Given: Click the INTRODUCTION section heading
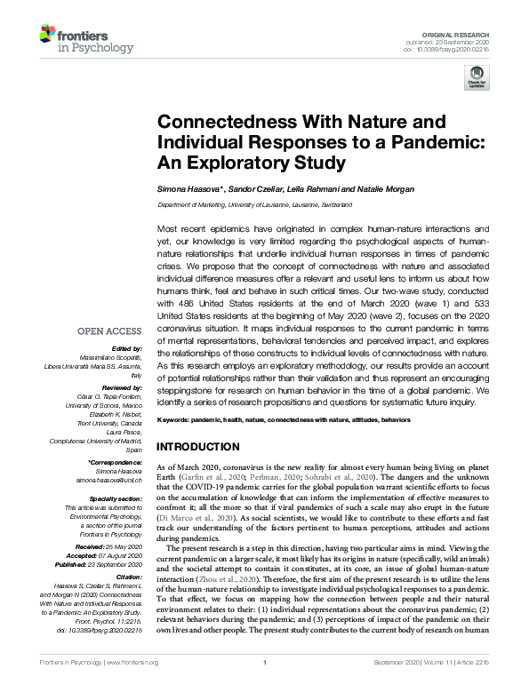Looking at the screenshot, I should click(197, 446).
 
